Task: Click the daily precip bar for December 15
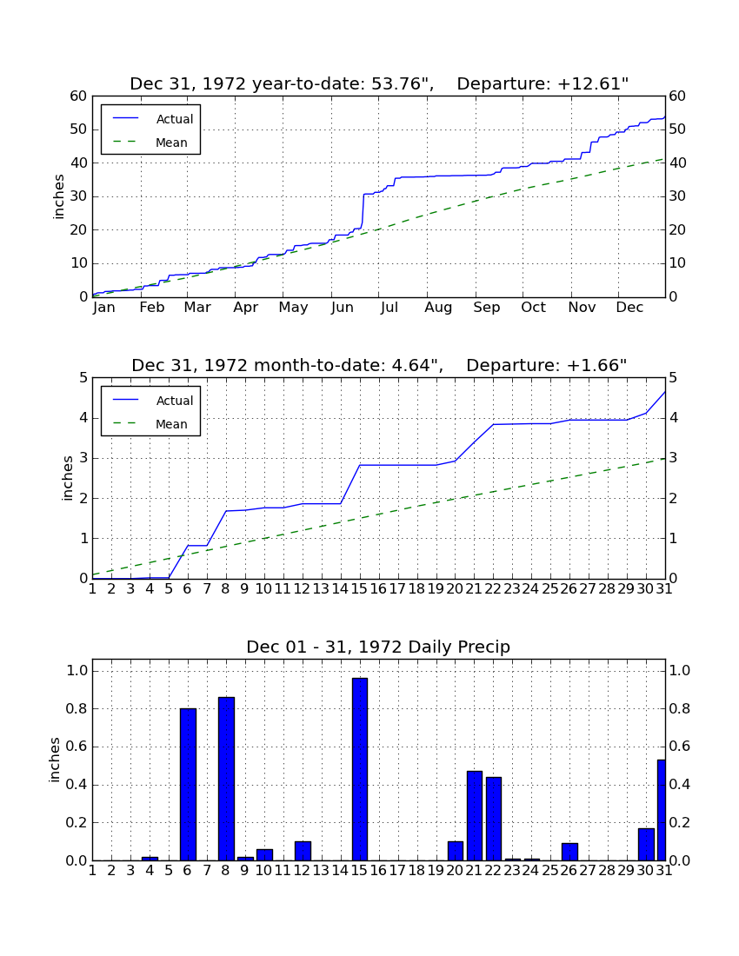[360, 769]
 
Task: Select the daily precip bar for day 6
[188, 784]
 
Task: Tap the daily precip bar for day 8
[226, 779]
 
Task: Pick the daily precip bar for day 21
[475, 816]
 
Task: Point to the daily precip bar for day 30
[646, 845]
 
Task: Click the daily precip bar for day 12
[303, 851]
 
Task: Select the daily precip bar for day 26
[569, 852]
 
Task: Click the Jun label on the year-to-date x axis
[342, 308]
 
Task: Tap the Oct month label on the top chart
[534, 308]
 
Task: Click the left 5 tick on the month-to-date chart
[83, 378]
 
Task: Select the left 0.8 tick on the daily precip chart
[77, 709]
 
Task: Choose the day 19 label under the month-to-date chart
[436, 589]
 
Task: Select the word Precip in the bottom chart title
[484, 647]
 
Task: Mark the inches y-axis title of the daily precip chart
[55, 760]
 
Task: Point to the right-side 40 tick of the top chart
[676, 163]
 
